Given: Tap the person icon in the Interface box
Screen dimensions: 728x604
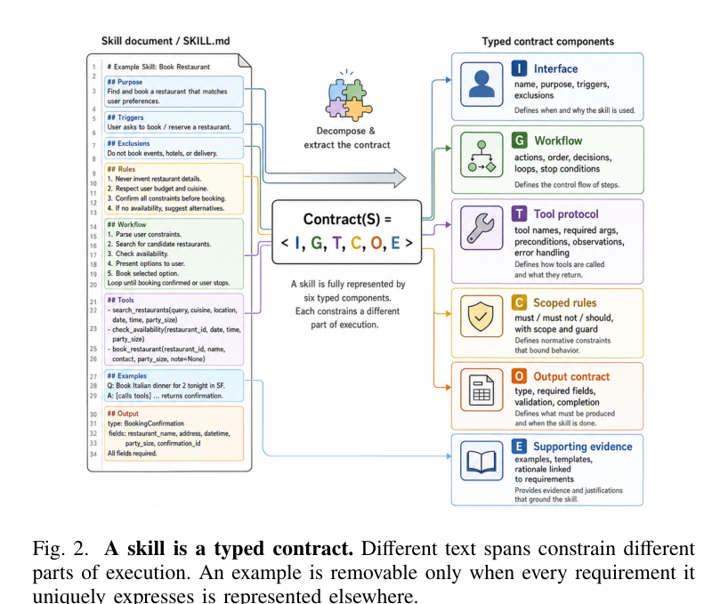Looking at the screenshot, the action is [481, 85].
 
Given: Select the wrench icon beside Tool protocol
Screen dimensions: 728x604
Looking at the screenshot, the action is [481, 228].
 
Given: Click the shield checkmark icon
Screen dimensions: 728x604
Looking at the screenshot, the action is [481, 316].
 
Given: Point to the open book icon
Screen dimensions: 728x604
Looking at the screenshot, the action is [481, 461].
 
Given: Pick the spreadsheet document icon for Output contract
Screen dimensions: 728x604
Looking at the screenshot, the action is [481, 390].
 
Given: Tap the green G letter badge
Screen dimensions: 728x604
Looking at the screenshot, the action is [520, 140].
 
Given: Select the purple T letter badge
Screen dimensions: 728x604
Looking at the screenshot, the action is [519, 213].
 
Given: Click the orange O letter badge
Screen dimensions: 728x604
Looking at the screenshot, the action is [519, 376].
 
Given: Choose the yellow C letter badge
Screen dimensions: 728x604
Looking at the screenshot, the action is [519, 302].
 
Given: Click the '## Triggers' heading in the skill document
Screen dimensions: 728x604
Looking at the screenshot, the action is [125, 117].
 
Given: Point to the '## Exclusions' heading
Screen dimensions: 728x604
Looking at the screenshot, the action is [129, 143].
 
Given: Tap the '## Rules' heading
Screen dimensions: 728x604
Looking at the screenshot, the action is [121, 169].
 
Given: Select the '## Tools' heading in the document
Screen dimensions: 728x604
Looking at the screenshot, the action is [121, 300].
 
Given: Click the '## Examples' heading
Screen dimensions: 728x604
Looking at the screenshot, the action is [126, 375].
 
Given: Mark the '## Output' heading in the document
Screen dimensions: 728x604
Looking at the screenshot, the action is [123, 414].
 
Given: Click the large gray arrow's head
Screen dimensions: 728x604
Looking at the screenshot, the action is [400, 178].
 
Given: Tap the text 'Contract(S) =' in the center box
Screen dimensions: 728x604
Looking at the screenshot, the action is [347, 219].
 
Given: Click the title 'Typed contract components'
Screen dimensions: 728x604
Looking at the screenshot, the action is [548, 41].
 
